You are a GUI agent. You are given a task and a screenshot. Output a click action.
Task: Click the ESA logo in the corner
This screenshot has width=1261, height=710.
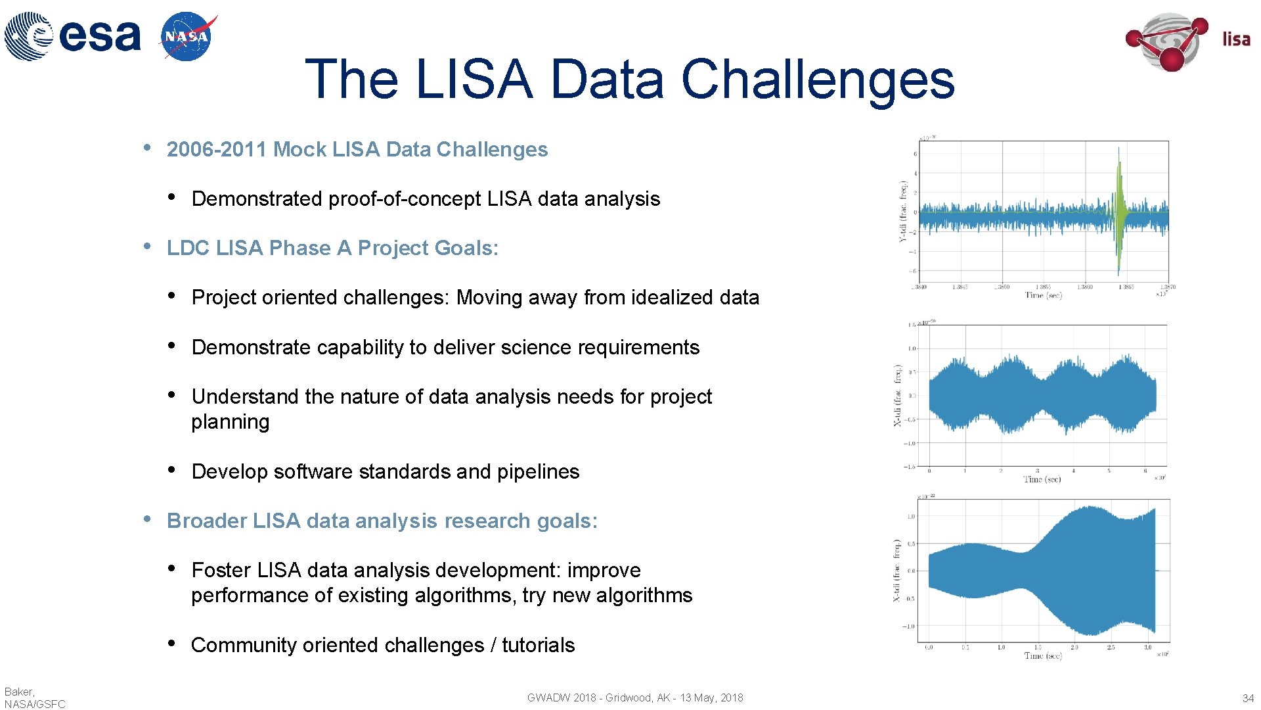click(72, 35)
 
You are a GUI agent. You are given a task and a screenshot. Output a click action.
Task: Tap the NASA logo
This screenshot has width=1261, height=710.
click(188, 37)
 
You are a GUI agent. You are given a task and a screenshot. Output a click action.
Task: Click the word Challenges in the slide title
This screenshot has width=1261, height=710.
click(817, 80)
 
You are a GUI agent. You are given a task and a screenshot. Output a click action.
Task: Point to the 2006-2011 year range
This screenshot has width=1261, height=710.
click(217, 150)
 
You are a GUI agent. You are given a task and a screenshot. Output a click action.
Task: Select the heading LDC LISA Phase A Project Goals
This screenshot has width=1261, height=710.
click(332, 248)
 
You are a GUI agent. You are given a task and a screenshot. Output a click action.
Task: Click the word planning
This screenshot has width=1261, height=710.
click(230, 422)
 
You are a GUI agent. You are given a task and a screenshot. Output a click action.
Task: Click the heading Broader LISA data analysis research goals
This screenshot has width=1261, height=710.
click(382, 521)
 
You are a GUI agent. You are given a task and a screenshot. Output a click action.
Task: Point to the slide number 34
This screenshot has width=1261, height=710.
click(1248, 698)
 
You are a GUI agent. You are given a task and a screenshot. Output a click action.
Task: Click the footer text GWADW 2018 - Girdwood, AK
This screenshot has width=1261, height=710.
click(598, 698)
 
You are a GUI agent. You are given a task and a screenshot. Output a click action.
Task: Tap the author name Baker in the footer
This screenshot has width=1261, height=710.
click(19, 692)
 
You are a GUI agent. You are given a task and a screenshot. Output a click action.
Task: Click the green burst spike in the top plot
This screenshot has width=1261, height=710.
click(1120, 210)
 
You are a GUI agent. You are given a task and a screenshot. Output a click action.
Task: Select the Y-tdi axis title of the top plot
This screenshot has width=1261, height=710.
click(904, 212)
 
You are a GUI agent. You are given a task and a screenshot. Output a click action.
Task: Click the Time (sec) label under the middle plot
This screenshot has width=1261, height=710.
click(1042, 479)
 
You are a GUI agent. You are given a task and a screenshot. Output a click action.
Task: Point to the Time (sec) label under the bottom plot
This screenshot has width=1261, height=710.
click(1042, 655)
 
